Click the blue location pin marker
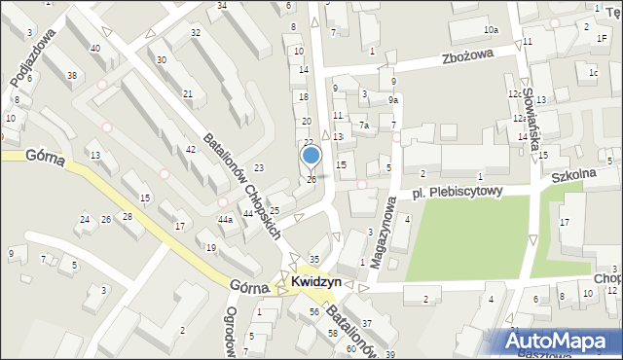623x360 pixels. pos(311,156)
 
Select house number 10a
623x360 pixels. pos(492,30)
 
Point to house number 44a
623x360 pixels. pos(225,220)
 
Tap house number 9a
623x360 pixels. pos(393,99)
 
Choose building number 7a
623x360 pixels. pos(362,125)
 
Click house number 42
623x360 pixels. pos(191,149)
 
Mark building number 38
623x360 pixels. pos(72,75)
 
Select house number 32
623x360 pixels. pos(196,33)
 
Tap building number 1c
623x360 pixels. pos(593,72)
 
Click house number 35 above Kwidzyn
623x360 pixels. pos(313,258)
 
